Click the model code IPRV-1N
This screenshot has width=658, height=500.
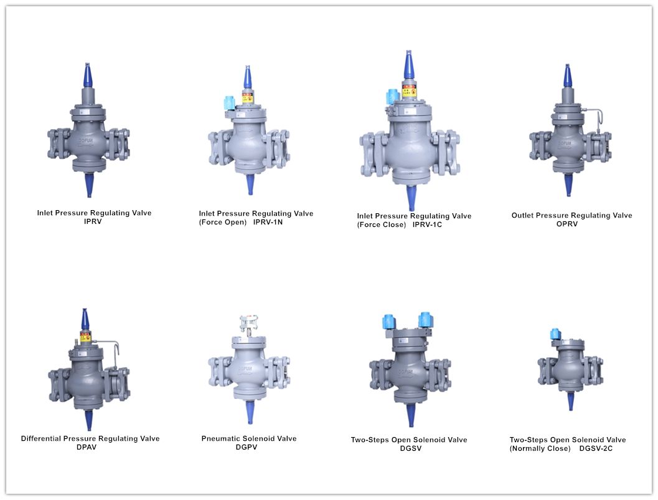click(x=268, y=223)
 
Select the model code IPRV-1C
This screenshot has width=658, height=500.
click(x=427, y=224)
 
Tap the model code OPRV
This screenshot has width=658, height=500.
click(x=566, y=224)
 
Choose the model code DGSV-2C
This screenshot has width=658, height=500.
click(x=596, y=448)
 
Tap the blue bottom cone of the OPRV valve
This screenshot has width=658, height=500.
click(x=568, y=185)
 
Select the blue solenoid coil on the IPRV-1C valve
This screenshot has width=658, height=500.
click(x=393, y=97)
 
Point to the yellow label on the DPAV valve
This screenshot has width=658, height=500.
click(x=85, y=337)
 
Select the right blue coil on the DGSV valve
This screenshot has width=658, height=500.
click(x=426, y=320)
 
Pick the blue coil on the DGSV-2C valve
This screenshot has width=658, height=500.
click(x=556, y=335)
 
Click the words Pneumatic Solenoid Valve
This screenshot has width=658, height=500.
click(x=249, y=438)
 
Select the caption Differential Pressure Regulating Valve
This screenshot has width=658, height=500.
click(x=90, y=438)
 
